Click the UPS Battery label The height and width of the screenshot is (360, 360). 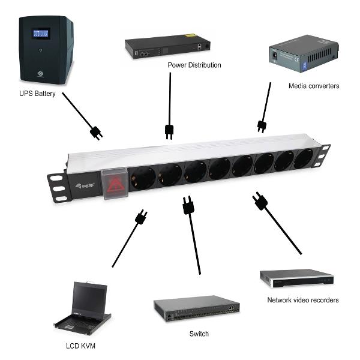point(38,94)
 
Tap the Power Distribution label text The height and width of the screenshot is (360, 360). point(194,65)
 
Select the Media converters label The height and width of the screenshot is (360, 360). point(313,86)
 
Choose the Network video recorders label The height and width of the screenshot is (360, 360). point(303,299)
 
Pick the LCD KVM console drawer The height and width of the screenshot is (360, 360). point(84,309)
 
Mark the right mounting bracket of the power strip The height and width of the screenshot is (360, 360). point(323,154)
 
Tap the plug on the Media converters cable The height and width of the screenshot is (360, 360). point(262,126)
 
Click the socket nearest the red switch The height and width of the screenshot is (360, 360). point(142,178)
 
